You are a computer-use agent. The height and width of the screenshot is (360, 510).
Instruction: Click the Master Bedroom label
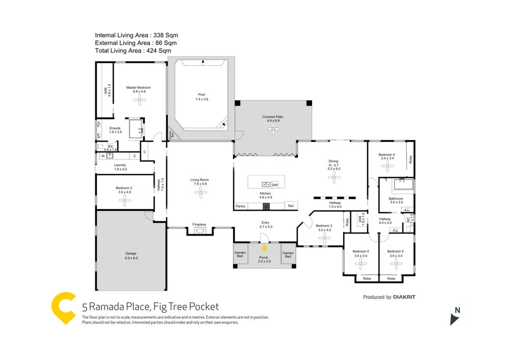pos(139,88)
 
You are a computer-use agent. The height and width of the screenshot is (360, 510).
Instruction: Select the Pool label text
pos(202,95)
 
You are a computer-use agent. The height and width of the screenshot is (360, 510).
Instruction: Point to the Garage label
pos(131,253)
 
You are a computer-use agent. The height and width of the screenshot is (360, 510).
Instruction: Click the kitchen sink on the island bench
pos(266,184)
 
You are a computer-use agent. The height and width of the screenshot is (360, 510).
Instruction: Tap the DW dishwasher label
pos(275,184)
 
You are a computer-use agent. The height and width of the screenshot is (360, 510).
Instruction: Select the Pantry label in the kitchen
pos(240,206)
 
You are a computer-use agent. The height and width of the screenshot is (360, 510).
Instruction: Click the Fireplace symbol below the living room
pos(199,230)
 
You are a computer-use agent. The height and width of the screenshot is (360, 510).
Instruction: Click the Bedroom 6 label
pos(386,155)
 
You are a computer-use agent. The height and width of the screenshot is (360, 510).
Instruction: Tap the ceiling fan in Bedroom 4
pos(361,264)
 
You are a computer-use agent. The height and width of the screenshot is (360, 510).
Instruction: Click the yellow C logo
pos(64,308)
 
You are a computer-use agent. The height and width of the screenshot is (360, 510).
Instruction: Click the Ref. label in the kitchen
pos(291,206)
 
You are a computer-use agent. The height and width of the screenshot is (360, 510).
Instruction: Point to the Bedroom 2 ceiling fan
pos(124,200)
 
